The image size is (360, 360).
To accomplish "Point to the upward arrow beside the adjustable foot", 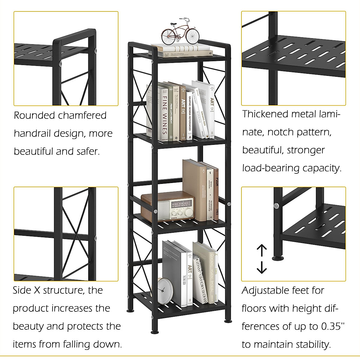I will click(x=262, y=250).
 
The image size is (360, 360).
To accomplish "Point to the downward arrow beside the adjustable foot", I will click(x=262, y=267).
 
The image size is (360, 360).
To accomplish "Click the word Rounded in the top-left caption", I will click(x=34, y=115).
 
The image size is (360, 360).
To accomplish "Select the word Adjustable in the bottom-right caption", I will click(x=266, y=291).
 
